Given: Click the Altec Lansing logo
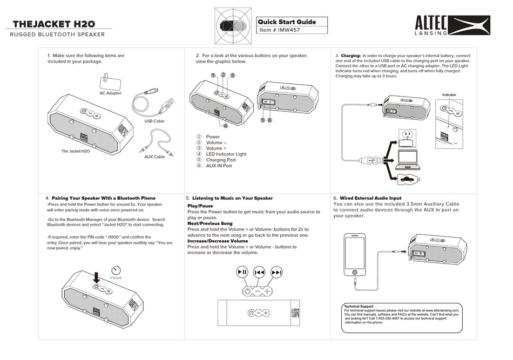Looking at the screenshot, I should [x=453, y=26].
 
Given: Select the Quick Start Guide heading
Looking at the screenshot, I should [x=286, y=22].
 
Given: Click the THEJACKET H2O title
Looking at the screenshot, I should [x=53, y=24].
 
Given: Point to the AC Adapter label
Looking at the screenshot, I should [x=110, y=93].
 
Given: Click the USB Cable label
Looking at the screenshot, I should [x=154, y=121].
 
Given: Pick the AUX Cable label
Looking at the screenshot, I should [x=154, y=157].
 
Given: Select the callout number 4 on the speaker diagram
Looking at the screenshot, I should [x=225, y=126].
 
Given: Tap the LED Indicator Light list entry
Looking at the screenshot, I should [x=226, y=154].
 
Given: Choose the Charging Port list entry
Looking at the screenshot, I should [x=221, y=160].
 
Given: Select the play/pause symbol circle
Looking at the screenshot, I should [x=242, y=273].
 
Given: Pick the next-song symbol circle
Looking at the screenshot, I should [x=276, y=273].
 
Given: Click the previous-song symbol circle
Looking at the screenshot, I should [x=259, y=273].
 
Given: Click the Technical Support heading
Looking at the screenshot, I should [x=359, y=307].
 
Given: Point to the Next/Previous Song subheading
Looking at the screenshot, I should [x=210, y=223].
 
